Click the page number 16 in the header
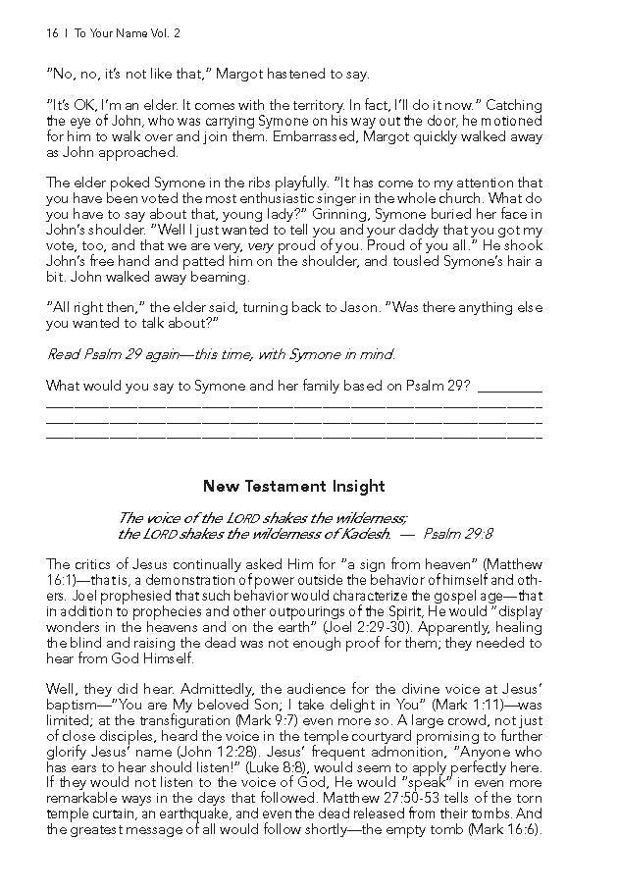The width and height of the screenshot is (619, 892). point(51,32)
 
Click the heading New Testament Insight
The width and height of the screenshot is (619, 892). point(293,486)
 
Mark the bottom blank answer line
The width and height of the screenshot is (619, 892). point(293,433)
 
